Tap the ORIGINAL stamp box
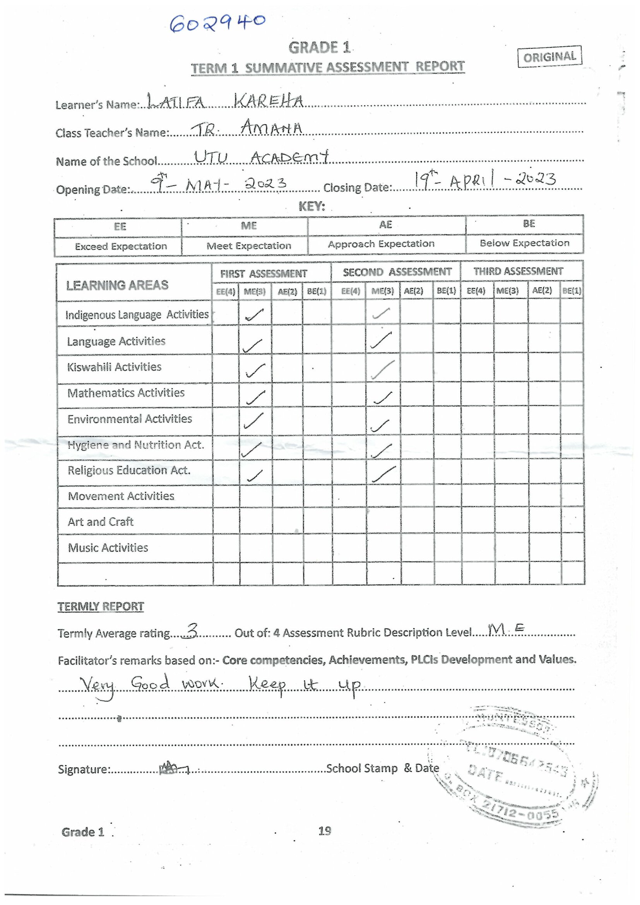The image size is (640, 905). [549, 57]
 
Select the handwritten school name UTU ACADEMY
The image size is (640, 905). [261, 157]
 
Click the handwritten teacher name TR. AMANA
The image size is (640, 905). [248, 128]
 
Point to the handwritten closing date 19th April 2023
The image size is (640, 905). [484, 181]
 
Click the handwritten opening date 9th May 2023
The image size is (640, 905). [219, 183]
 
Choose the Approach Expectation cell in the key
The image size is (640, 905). [381, 244]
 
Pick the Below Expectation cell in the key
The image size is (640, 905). [524, 243]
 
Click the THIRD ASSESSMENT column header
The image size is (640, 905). [518, 271]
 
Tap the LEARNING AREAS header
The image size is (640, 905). [117, 285]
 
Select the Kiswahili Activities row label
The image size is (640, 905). [114, 367]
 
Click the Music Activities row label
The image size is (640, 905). [108, 547]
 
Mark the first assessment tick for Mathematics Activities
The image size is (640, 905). [255, 397]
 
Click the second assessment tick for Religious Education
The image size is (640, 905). [383, 474]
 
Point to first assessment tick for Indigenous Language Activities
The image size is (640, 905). [254, 314]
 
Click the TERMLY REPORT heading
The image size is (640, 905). [101, 606]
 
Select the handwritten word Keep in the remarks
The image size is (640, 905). [267, 685]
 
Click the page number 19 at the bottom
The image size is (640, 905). [324, 831]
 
